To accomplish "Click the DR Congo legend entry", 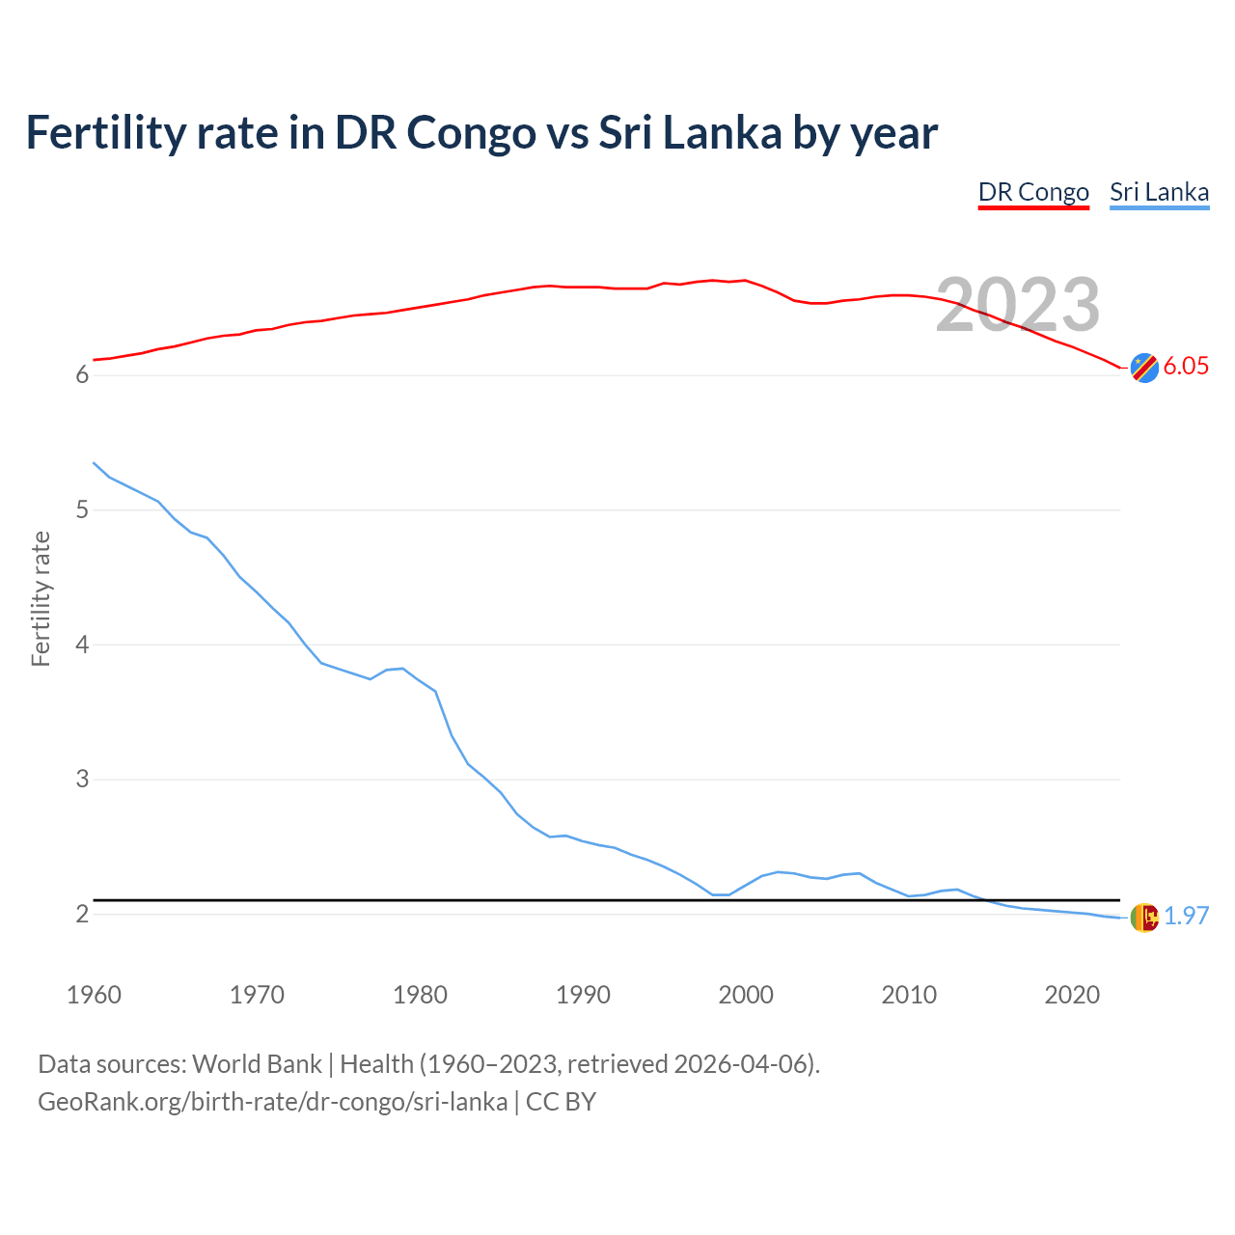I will coord(1033,192).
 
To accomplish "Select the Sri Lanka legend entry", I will coord(1159,192).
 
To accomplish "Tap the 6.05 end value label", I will coord(1186,366).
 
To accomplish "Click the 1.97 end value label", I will coord(1186,916).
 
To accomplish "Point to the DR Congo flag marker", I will coord(1144,368).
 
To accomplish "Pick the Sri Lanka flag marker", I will coord(1144,918).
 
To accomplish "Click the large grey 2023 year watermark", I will coord(1018,305).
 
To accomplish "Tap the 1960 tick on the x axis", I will coord(94,995).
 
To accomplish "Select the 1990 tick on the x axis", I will coord(583,995).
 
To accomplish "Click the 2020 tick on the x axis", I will coord(1072,995).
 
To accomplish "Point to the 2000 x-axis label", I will coord(746,995).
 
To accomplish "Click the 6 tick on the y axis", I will coord(82,374).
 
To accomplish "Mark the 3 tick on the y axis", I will coord(82,779).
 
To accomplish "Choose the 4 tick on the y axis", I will coord(82,644).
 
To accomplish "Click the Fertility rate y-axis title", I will coord(41,598).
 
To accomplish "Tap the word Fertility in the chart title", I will coord(105,132).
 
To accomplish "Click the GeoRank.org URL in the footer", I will coord(272,1102).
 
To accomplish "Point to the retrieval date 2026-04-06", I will coord(744,1064).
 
